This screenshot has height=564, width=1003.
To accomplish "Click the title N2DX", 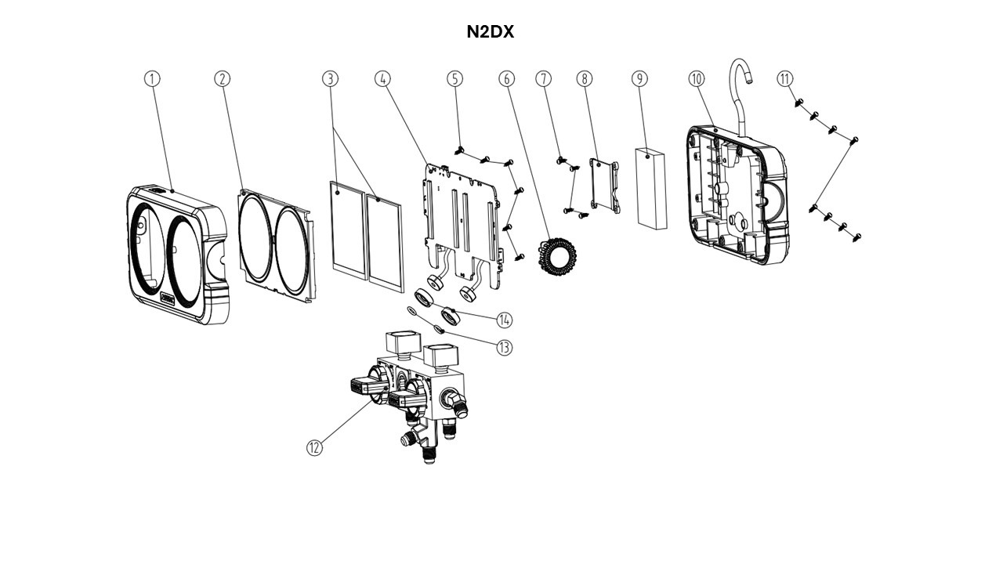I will coord(490,32).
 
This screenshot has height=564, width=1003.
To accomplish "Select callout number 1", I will coord(152,78).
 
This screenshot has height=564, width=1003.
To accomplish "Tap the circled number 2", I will coord(223,78).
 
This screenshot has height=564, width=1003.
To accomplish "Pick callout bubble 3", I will coord(330,78).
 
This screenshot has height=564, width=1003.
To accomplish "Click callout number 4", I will coord(382,78).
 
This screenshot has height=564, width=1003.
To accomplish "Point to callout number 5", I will coord(455,78).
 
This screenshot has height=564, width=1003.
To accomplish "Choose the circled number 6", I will coord(506,78).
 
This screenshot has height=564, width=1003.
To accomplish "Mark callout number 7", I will coord(544,78).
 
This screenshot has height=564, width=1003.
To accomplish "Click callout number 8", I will coord(585,78).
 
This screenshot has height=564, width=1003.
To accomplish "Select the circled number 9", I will coord(640,78).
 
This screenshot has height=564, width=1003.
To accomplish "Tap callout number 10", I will coord(697,78).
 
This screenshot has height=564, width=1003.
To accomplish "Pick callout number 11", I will coord(785,78).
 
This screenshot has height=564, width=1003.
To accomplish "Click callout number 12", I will coord(314,447).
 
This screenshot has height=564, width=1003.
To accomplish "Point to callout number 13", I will coord(504,347).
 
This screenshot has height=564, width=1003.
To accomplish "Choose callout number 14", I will coord(504,320).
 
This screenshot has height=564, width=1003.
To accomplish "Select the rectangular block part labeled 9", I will coord(651,187).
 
